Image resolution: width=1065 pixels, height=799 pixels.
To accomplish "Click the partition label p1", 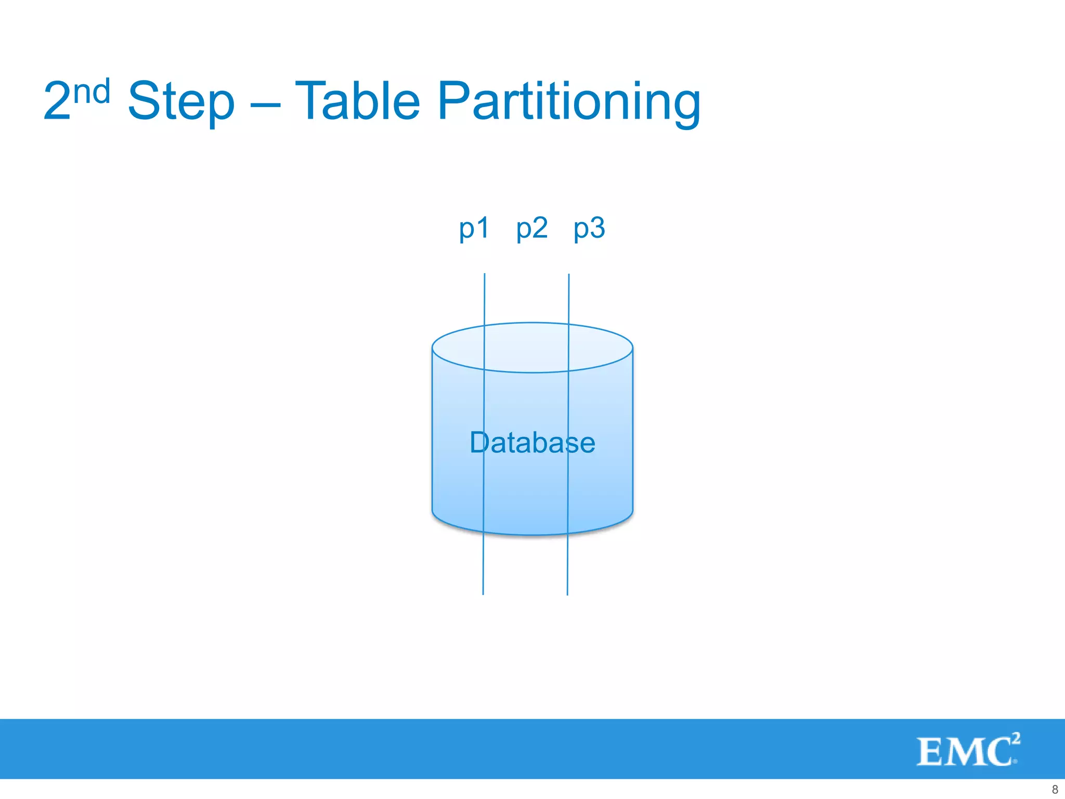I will [x=474, y=228].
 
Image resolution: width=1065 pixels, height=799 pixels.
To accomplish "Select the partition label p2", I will [x=531, y=228].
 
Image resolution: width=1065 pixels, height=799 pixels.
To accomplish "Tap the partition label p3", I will [x=589, y=228].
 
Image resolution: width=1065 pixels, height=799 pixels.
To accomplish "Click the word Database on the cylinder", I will [x=532, y=443].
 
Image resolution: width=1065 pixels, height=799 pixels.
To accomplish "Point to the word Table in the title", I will [x=357, y=101].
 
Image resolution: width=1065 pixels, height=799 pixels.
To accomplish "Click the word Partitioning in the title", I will [x=569, y=102].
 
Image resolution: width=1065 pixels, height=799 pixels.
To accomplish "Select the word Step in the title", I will [x=181, y=102].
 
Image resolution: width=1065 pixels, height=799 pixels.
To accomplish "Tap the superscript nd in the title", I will [x=92, y=92].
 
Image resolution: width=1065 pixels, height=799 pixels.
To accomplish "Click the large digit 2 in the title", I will [x=57, y=102].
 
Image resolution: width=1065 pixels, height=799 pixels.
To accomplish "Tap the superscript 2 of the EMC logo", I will [x=1016, y=738].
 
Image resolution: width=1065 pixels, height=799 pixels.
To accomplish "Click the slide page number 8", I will [x=1055, y=789].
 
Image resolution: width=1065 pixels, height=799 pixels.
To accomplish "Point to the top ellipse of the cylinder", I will [x=532, y=347].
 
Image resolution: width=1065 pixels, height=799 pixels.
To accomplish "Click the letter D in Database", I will [x=479, y=443].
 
